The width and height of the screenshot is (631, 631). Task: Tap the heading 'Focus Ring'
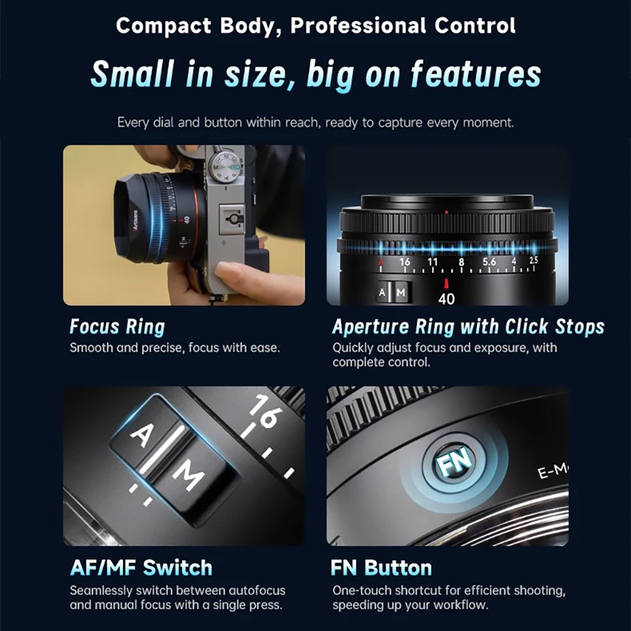click(x=117, y=327)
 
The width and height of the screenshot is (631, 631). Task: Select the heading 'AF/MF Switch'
click(x=141, y=567)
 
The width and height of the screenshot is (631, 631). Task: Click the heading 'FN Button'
click(x=381, y=567)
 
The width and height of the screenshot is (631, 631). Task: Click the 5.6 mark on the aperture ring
click(x=489, y=262)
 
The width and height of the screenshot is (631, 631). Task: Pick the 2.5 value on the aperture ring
click(x=533, y=261)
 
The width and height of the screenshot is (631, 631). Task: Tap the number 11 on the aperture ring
click(x=432, y=262)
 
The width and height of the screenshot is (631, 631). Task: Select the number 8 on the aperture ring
click(x=461, y=262)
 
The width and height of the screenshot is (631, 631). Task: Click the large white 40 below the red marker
click(x=446, y=299)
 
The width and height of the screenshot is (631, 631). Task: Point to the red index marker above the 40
click(x=446, y=283)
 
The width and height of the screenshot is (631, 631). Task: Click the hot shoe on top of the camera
click(x=232, y=215)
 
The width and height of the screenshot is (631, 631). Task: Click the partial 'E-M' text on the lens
click(x=551, y=471)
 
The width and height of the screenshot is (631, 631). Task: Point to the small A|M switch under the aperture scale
click(x=393, y=292)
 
